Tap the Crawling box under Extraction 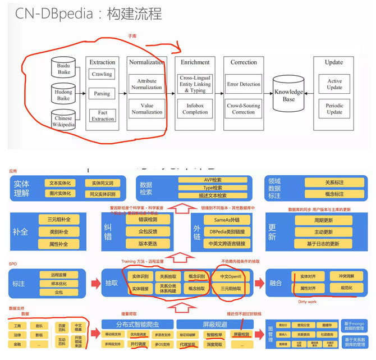click(x=102, y=74)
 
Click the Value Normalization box click(x=147, y=108)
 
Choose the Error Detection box click(x=244, y=84)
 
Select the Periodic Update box click(x=334, y=108)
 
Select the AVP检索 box click(x=203, y=180)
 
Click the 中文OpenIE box click(x=231, y=276)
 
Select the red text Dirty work click(x=306, y=302)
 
